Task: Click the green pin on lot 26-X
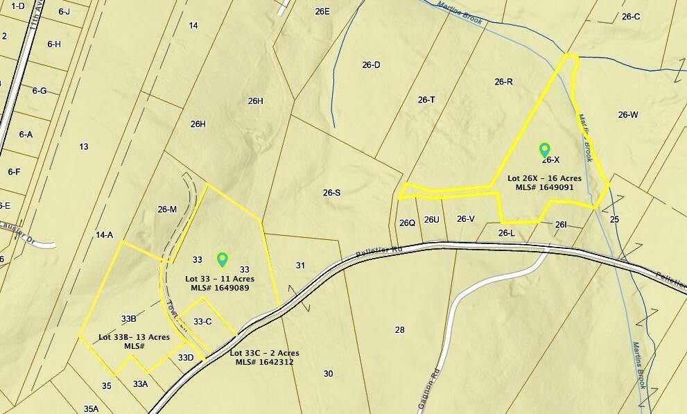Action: [545, 150]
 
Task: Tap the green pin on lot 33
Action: [223, 259]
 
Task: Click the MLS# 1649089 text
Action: [218, 287]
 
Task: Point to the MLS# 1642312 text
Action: [264, 361]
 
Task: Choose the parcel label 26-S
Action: [332, 192]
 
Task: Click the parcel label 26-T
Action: [426, 100]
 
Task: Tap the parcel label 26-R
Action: [504, 82]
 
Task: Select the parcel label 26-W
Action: [628, 114]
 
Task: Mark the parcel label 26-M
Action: [167, 209]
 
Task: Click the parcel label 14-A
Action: [104, 235]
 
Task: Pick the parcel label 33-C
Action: [202, 321]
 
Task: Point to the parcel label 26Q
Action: [407, 223]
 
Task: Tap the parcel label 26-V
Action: [466, 219]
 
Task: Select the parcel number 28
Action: [399, 329]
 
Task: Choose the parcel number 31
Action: [300, 265]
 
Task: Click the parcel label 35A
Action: [91, 408]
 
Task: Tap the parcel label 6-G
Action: [39, 91]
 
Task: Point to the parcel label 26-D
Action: [371, 64]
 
